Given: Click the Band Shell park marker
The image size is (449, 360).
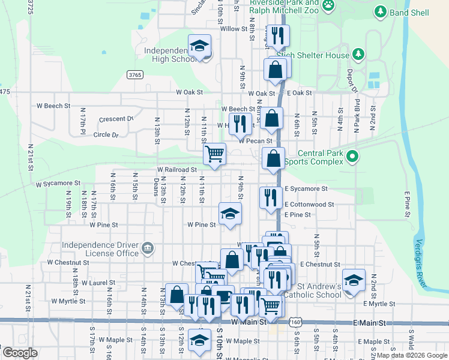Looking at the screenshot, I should (379, 11).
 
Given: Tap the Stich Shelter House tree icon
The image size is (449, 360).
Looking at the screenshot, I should (358, 55).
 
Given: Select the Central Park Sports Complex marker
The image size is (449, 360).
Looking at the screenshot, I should (352, 157).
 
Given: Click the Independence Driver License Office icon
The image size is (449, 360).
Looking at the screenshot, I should (147, 248).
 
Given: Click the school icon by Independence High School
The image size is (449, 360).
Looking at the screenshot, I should (200, 46).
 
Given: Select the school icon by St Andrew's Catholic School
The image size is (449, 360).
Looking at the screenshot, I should (354, 280).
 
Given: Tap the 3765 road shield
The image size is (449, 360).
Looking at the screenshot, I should (135, 74).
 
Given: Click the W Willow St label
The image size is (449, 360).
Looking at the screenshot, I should (234, 29).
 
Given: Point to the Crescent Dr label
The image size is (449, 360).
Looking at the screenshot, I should (117, 119).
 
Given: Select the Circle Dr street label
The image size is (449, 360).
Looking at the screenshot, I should (106, 135).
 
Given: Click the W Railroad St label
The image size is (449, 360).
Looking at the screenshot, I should (177, 170).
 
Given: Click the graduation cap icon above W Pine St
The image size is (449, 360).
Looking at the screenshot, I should (229, 214).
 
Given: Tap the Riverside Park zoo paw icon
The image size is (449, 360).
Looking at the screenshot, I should (328, 5).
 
